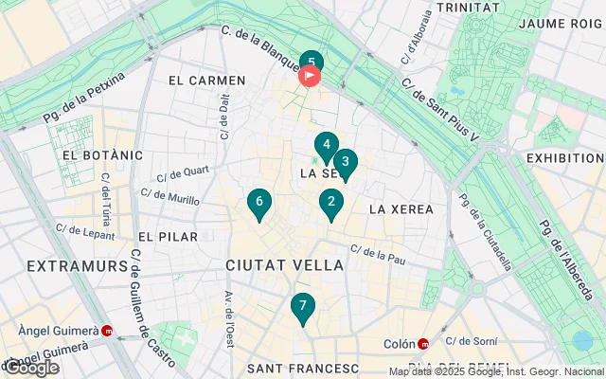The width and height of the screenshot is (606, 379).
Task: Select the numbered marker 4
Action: coord(326,146)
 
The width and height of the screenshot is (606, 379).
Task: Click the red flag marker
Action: coord(311,77)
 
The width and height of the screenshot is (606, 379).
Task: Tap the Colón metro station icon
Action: coord(424,344)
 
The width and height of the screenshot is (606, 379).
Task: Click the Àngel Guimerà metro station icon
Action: coord(107,332)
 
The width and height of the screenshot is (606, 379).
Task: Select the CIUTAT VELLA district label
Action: coord(285,266)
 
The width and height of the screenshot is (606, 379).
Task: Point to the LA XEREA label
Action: coord(401,208)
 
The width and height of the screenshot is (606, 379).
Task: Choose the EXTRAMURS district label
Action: coord(77,266)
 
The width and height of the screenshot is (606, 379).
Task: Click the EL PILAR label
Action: coord(168,236)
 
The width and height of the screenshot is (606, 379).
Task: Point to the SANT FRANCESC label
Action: coord(302,368)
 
